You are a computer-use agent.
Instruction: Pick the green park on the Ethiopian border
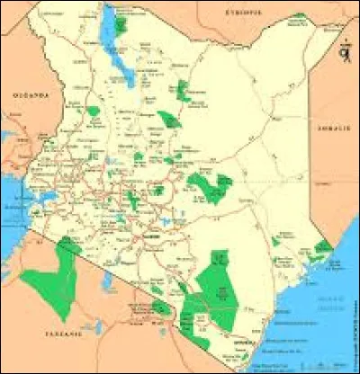point(297,18)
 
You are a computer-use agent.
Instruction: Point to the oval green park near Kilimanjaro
point(160,308)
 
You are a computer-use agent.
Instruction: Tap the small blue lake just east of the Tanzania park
point(106,283)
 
